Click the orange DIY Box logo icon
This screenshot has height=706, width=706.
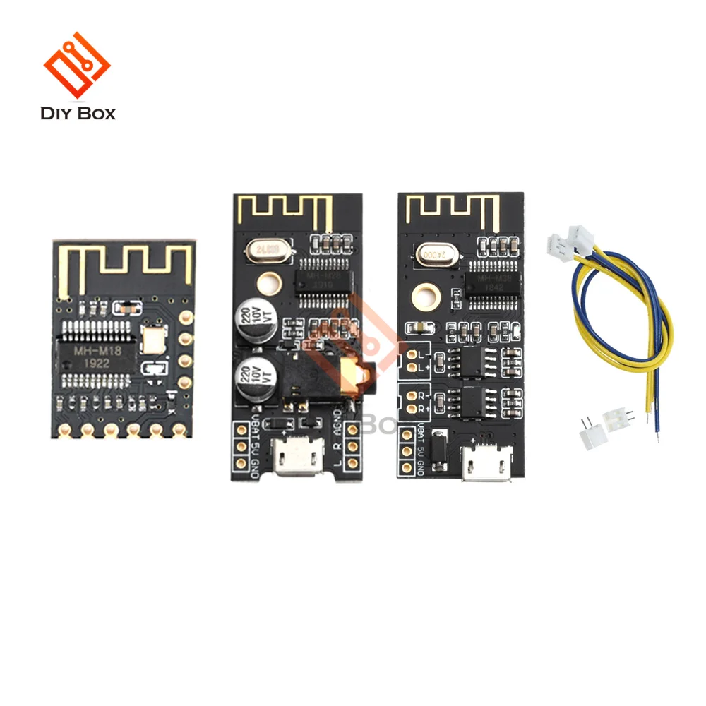click(x=77, y=67)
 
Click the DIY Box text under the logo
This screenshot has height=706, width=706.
click(x=78, y=113)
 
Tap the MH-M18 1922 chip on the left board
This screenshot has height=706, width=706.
click(x=99, y=353)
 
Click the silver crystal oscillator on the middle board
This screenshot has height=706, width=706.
click(x=263, y=249)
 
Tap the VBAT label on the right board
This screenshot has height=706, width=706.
click(x=421, y=431)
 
